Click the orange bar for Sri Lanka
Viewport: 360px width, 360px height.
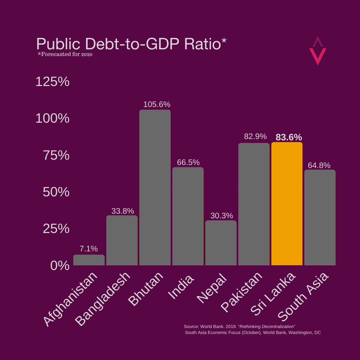tap(287, 204)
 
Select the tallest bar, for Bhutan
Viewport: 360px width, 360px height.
tap(155, 188)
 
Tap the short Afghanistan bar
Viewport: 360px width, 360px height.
tap(89, 260)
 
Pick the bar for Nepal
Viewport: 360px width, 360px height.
tap(221, 243)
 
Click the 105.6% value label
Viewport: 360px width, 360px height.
tap(157, 104)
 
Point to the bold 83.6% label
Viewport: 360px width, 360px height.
tap(289, 137)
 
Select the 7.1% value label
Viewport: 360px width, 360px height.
tap(89, 249)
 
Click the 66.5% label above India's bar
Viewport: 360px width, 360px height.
tap(188, 162)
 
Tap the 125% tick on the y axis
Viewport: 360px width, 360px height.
tap(52, 82)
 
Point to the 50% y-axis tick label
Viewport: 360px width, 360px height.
tap(56, 192)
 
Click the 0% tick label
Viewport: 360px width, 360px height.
tap(60, 266)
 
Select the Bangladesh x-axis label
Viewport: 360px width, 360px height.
tap(102, 299)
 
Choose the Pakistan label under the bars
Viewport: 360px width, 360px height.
tap(241, 292)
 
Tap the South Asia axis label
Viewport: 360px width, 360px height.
tap(303, 297)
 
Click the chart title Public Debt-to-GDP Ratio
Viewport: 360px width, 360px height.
tap(131, 44)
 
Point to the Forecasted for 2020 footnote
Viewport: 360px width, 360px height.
tap(65, 54)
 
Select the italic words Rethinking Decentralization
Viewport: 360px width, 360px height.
tap(267, 326)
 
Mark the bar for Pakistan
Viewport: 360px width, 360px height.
tap(254, 204)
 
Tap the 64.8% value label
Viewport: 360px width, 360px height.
tap(319, 165)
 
